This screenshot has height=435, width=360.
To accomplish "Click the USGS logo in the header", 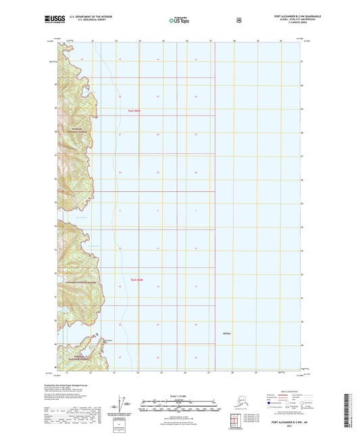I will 54,20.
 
